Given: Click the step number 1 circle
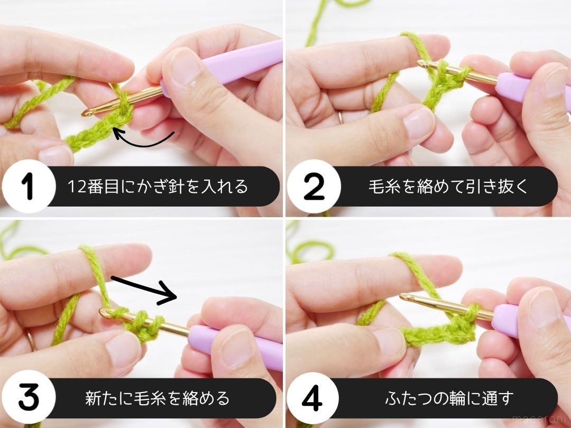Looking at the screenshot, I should coord(29,187).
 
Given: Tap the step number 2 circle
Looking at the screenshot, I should coord(314,187).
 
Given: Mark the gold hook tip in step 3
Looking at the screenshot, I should coord(105,313).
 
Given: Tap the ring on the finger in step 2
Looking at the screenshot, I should coord(340,117).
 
